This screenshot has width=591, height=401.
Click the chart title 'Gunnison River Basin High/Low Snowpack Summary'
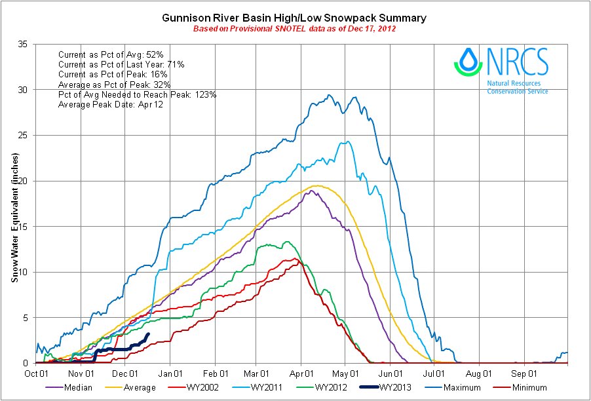coord(294,18)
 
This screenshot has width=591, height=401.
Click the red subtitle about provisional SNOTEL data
coord(294,29)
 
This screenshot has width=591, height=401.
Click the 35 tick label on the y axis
coord(22,45)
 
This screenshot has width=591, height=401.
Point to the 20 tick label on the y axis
coord(22,181)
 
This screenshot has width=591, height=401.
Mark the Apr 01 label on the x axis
coord(301,373)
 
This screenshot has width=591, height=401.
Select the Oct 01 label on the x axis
coord(36,373)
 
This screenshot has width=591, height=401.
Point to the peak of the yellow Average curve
coord(316,186)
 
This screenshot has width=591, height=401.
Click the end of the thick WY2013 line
coord(149,334)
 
